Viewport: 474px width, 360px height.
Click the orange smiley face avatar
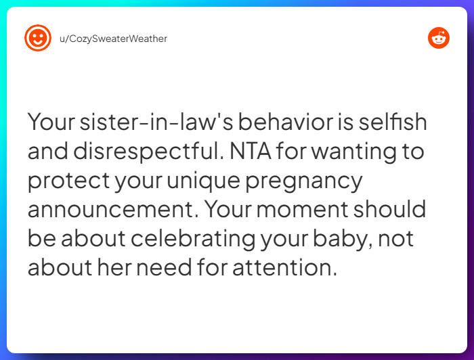point(38,38)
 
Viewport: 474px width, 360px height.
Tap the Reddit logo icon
point(439,38)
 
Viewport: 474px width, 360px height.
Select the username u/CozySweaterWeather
point(113,39)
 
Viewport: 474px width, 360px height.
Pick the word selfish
point(393,122)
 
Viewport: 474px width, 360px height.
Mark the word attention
point(284,268)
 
